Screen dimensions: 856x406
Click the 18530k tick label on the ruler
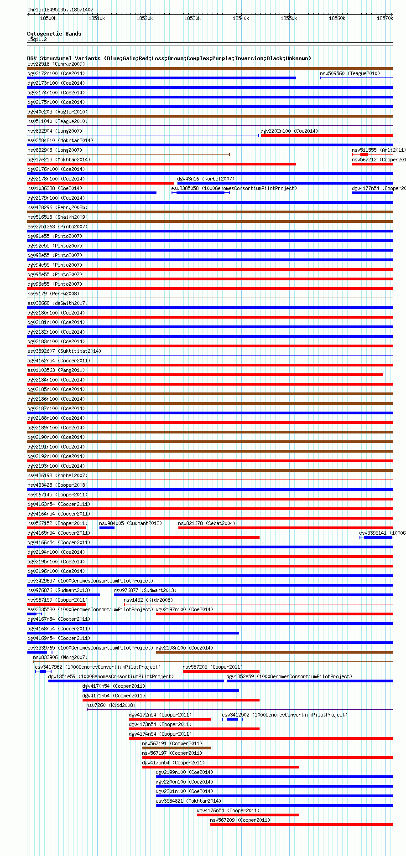click(193, 18)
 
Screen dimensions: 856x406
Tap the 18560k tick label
click(337, 18)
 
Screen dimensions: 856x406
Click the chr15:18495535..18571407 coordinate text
click(60, 10)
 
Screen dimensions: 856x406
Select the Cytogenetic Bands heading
click(54, 34)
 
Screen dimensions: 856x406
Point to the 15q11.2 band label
click(37, 39)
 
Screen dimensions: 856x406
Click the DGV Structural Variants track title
click(169, 58)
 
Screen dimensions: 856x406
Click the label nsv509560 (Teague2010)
click(349, 73)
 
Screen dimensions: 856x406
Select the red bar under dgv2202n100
click(327, 135)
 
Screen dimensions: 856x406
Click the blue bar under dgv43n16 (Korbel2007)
click(285, 183)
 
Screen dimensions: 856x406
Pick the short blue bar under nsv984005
click(107, 528)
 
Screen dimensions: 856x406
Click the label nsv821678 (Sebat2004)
click(207, 523)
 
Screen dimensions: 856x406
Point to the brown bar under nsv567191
click(176, 748)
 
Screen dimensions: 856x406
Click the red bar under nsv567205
click(221, 671)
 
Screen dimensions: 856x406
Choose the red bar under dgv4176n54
click(248, 815)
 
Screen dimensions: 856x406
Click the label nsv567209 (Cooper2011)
click(240, 820)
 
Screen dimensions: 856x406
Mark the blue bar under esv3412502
click(232, 719)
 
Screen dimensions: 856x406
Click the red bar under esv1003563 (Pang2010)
click(205, 375)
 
